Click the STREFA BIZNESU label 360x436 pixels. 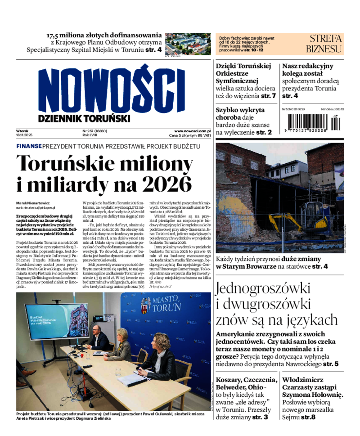(324, 43)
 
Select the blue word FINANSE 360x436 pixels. (29, 146)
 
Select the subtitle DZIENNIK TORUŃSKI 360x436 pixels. (84, 118)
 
